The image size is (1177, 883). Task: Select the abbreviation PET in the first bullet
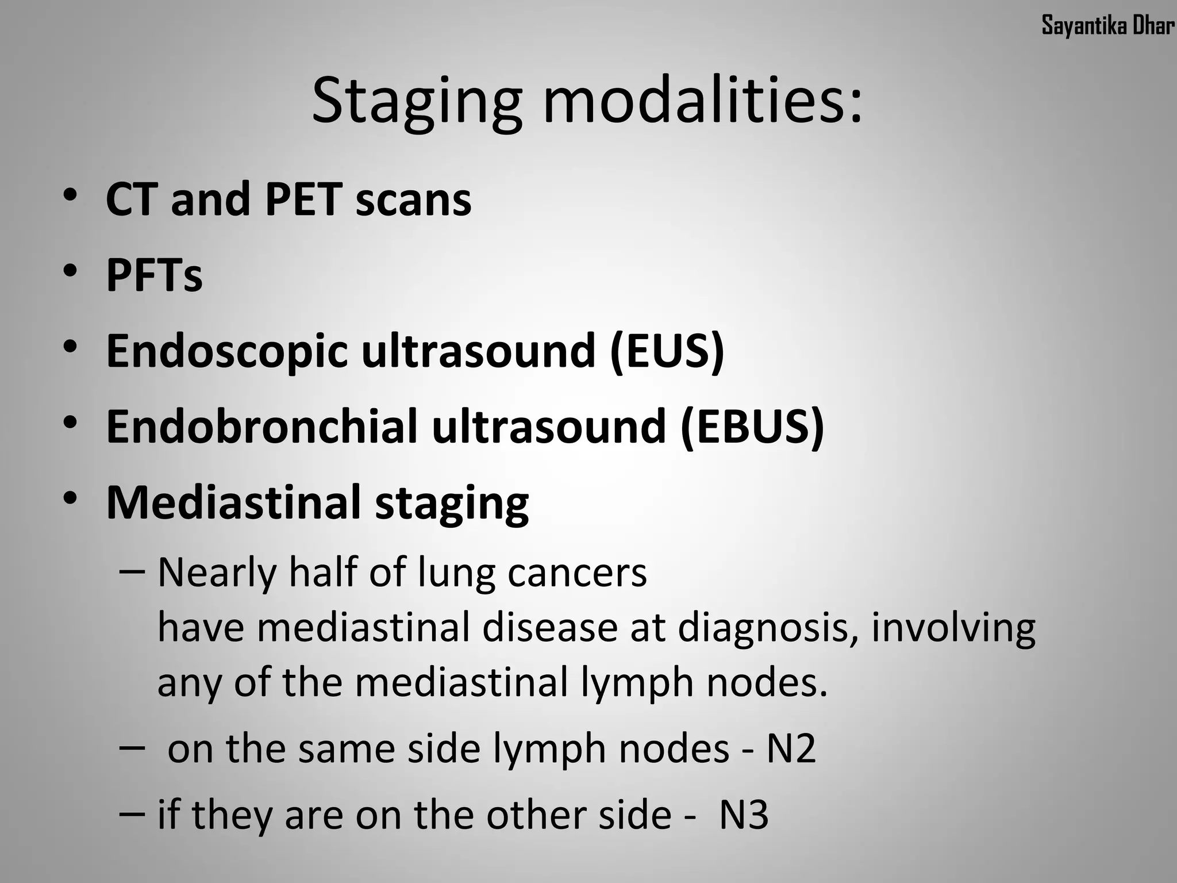[303, 199]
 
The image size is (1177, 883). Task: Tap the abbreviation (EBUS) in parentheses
[752, 427]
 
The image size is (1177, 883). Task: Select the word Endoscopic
[227, 352]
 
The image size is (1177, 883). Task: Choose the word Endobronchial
[261, 427]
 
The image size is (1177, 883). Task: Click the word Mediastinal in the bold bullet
[233, 502]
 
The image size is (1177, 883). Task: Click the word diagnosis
[762, 628]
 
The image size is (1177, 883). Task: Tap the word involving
[953, 628]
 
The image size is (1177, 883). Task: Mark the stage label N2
[791, 749]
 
